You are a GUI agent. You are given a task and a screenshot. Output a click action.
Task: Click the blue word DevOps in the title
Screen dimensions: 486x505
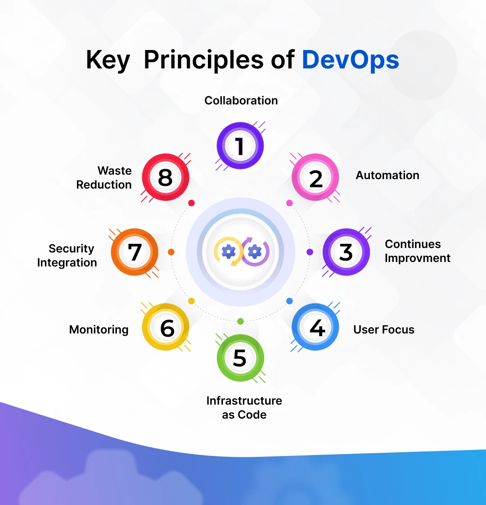point(351,60)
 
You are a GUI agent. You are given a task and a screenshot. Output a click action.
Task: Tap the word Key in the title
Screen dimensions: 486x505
point(108,60)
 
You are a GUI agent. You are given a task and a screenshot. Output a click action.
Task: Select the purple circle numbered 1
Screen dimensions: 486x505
point(240,145)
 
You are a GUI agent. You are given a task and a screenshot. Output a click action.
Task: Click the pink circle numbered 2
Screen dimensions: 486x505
point(315,177)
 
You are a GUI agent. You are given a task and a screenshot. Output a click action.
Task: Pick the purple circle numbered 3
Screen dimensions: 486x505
point(346,252)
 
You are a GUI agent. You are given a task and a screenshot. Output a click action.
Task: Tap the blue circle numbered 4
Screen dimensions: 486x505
point(315,327)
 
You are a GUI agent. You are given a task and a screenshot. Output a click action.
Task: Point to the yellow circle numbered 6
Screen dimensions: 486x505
point(166,327)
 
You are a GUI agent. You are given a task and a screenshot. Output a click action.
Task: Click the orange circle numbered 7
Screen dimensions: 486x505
point(135,252)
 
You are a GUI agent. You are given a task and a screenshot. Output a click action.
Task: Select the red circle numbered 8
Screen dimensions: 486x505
point(166,177)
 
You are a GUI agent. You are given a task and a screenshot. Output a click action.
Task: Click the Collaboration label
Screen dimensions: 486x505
point(241,100)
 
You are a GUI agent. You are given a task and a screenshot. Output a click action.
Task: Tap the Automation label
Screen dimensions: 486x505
point(387,175)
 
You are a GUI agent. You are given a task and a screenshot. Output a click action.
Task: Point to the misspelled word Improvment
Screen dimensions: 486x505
point(418,258)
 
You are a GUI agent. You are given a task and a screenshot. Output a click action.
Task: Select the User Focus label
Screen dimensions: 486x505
point(383,329)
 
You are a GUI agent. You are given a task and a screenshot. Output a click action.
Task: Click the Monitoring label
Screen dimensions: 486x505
point(99,330)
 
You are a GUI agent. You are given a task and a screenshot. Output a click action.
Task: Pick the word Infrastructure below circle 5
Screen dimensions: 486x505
point(244,401)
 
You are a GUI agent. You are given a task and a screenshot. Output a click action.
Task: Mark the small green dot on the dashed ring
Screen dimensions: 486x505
point(240,321)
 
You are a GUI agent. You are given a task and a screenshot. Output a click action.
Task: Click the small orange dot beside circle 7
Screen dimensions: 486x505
point(171,252)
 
